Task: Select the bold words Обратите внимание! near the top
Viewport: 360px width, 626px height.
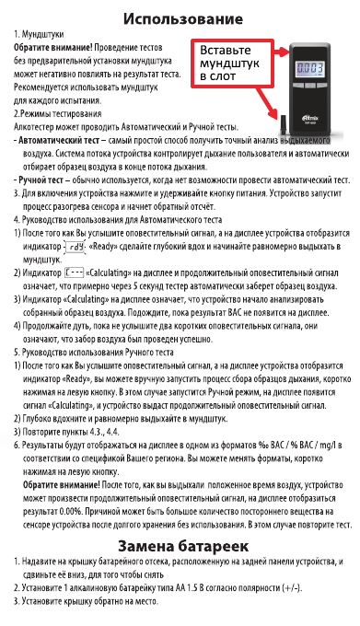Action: point(51,45)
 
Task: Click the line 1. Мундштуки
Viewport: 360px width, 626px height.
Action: point(41,33)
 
